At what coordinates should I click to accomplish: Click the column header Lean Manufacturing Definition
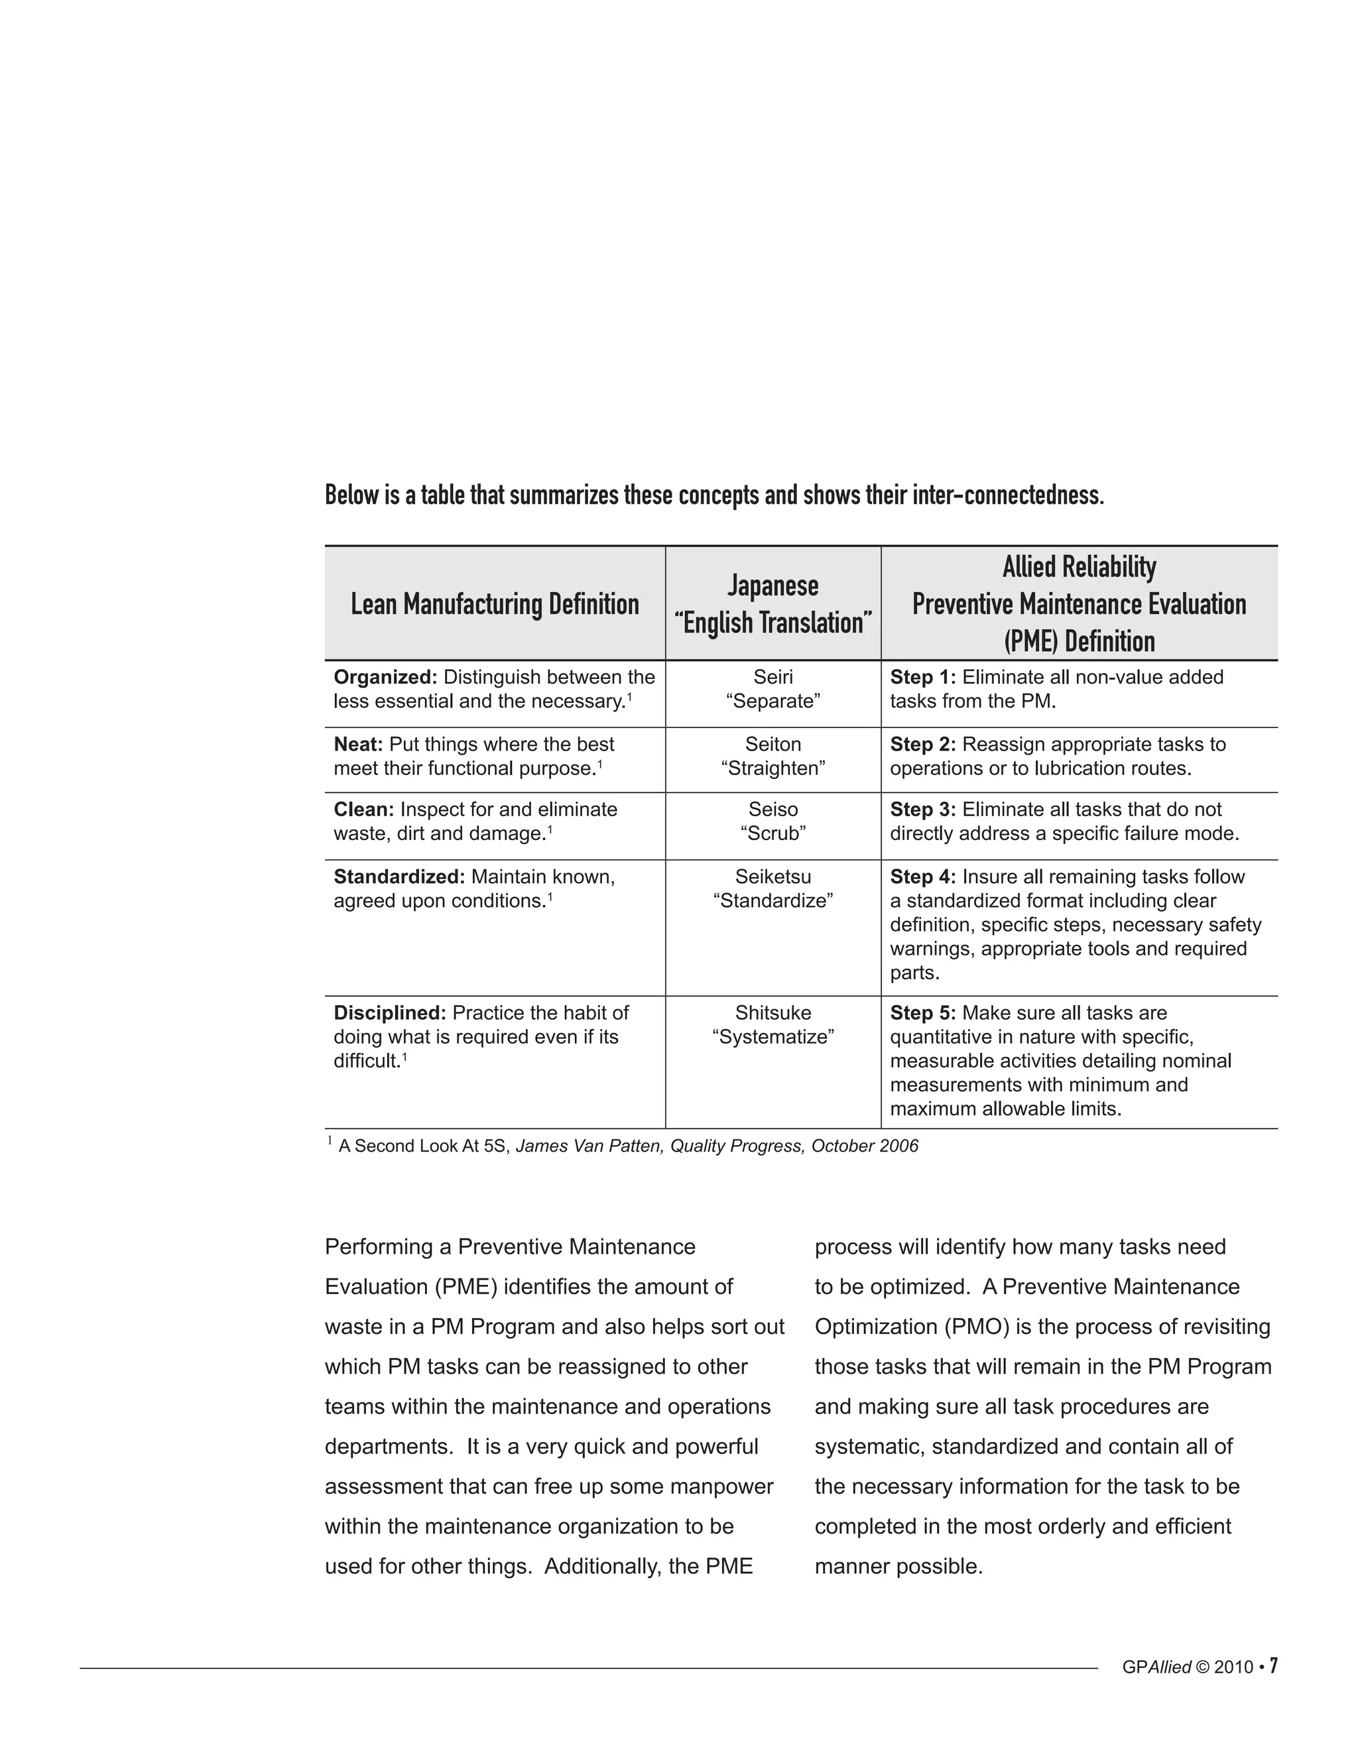click(x=495, y=604)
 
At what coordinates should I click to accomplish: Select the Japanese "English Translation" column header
click(x=772, y=604)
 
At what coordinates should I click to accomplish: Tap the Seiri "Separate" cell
click(x=772, y=690)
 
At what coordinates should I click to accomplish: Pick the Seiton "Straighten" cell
click(x=772, y=757)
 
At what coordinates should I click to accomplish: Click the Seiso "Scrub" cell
click(x=772, y=821)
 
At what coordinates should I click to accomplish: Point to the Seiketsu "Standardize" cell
click(x=772, y=889)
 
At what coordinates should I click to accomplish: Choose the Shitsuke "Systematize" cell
click(x=772, y=1025)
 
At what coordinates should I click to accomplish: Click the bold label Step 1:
click(x=922, y=678)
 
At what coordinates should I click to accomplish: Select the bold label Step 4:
click(x=922, y=877)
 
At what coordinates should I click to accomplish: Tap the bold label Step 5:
click(x=922, y=1013)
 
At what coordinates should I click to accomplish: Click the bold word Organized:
click(x=385, y=678)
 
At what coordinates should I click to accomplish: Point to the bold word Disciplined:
click(x=389, y=1013)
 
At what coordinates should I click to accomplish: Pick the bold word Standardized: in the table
click(x=399, y=877)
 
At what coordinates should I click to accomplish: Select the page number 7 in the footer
click(x=1274, y=1666)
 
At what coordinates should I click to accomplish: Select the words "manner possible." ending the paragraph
click(x=898, y=1566)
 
